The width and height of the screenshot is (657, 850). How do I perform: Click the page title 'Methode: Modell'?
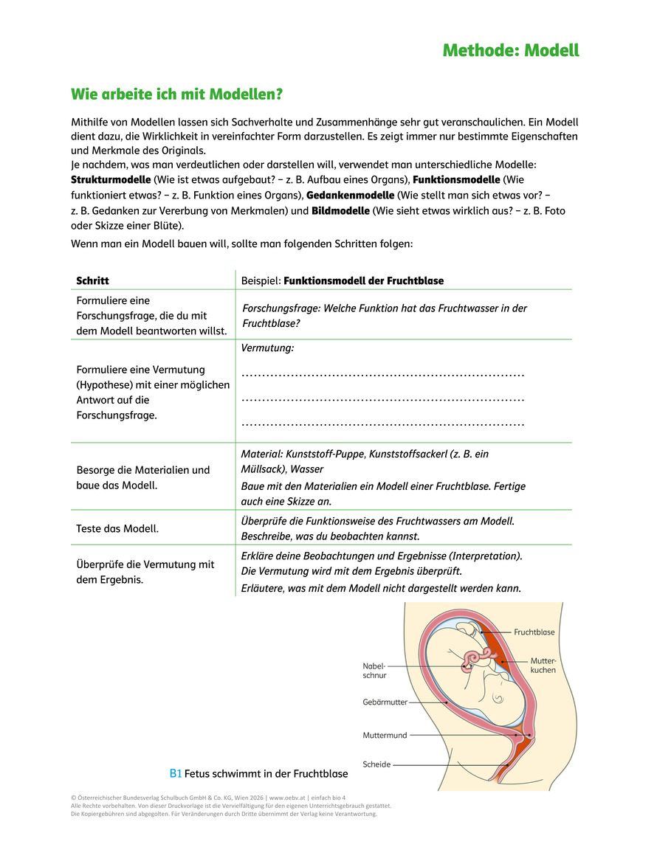(x=511, y=50)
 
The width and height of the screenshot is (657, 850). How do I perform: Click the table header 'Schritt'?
(x=92, y=281)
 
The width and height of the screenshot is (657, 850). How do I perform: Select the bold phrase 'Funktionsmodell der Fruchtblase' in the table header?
(x=363, y=281)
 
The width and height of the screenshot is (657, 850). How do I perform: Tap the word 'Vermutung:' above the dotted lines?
(x=267, y=347)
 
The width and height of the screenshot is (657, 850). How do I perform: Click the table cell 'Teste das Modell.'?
(x=117, y=528)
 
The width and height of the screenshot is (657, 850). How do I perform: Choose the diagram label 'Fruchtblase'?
(x=534, y=632)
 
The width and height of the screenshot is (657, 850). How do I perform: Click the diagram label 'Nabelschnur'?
(x=374, y=669)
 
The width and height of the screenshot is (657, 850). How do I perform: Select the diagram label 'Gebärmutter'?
(x=385, y=702)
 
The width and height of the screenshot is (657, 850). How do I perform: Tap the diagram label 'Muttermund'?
(x=385, y=736)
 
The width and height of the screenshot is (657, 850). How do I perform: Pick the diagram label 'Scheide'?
(x=376, y=764)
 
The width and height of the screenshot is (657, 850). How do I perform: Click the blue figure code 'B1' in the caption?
(x=176, y=774)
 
